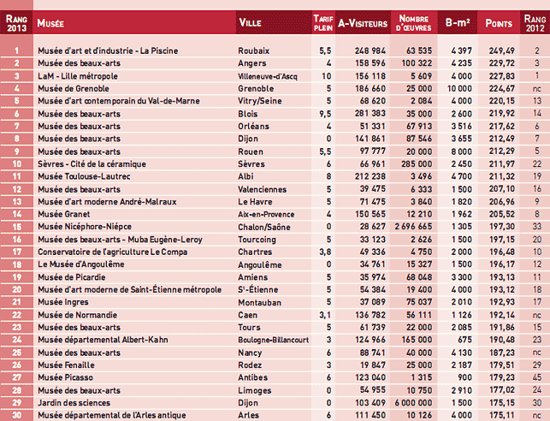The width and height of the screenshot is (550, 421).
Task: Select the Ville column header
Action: coord(250,22)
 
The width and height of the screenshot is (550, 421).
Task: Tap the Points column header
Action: coord(499,22)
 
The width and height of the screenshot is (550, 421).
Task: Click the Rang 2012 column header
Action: coord(533,22)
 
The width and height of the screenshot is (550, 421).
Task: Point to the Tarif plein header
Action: coord(322,22)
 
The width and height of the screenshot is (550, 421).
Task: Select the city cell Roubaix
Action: coord(254,50)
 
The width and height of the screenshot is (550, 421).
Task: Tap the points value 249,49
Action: coord(499,50)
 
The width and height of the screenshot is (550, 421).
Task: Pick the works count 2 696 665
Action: coord(413,226)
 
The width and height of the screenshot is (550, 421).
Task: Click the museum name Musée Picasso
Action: coord(64,377)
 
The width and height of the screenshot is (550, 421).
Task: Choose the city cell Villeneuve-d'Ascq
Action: coord(269,75)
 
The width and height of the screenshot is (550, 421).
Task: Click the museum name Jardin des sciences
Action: coord(72,402)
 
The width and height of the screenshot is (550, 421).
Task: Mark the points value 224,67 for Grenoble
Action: coord(499,87)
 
